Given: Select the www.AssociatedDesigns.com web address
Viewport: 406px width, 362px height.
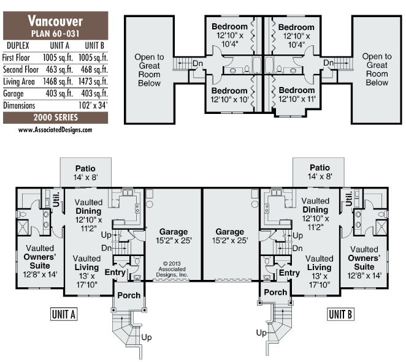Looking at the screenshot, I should (x=55, y=130).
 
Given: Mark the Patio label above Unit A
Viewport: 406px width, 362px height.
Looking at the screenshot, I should (x=86, y=168).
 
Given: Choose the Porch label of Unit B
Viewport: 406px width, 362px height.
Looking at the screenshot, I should (x=275, y=292).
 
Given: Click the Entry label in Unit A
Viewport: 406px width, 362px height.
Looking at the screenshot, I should (x=115, y=272).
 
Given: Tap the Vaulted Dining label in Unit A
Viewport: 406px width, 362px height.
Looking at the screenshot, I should (x=92, y=210).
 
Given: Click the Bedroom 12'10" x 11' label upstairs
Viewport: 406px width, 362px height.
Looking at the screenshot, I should (x=297, y=92).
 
